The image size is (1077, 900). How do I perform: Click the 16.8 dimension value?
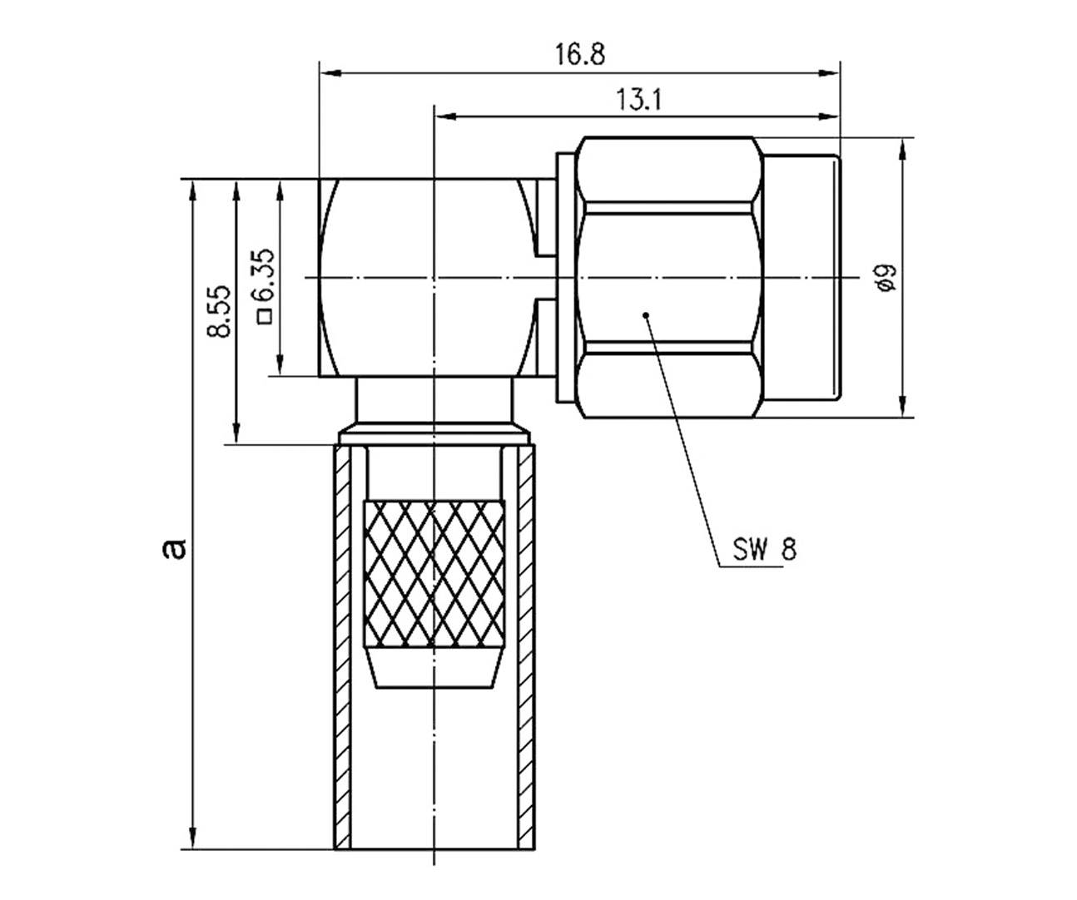pyautogui.click(x=580, y=54)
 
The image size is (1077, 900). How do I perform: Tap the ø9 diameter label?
pyautogui.click(x=886, y=277)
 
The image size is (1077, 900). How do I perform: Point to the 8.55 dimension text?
pyautogui.click(x=219, y=311)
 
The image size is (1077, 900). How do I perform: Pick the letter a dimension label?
pyautogui.click(x=173, y=547)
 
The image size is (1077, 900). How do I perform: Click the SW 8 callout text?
pyautogui.click(x=764, y=549)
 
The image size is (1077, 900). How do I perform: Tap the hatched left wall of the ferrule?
pyautogui.click(x=342, y=649)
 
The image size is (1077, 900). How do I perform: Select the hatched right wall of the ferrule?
pyautogui.click(x=525, y=649)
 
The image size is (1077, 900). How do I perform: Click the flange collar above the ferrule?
pyautogui.click(x=434, y=435)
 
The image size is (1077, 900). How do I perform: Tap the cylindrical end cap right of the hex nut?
pyautogui.click(x=802, y=277)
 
